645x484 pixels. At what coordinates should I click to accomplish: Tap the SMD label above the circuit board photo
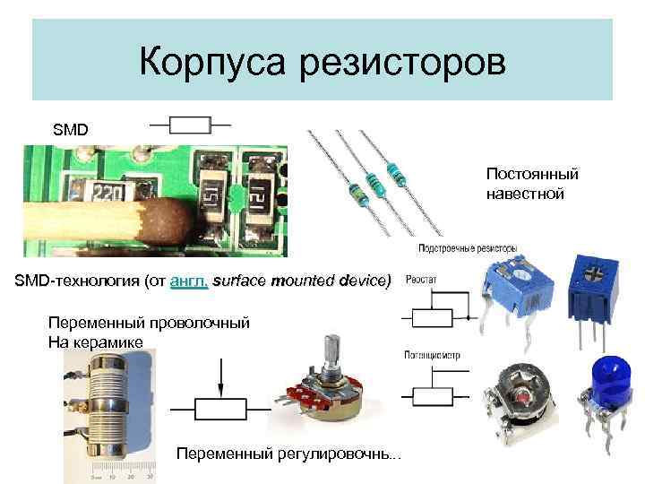click(71, 129)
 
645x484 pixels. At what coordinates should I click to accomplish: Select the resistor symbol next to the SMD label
click(190, 125)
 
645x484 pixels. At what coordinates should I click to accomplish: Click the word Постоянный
click(532, 173)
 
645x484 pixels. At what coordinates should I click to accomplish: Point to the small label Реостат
click(422, 280)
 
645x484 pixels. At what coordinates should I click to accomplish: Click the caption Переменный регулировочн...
click(289, 454)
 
